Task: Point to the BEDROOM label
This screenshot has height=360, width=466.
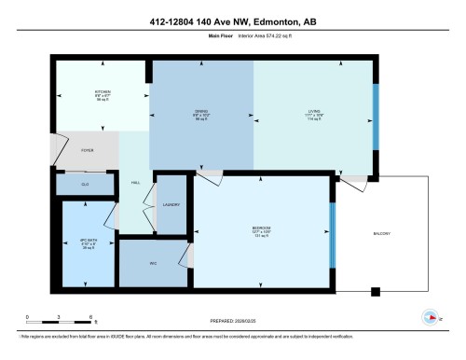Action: click(262, 228)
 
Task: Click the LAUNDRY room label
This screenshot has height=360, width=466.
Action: click(171, 204)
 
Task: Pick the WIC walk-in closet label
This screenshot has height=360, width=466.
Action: click(153, 263)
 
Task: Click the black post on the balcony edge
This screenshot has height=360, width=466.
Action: click(376, 292)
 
